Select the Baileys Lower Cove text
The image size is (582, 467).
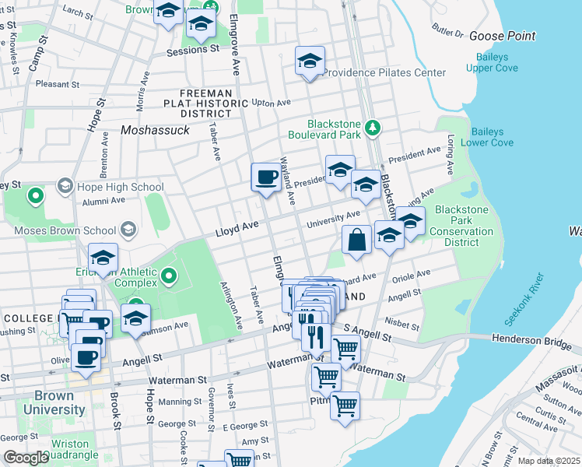point(487,137)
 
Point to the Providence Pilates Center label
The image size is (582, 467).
point(384,72)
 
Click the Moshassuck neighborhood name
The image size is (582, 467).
point(156,130)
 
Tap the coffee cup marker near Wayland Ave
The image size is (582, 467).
point(265,177)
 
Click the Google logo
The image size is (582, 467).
point(26,458)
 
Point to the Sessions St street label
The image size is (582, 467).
point(194,49)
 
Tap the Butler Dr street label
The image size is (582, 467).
point(447,34)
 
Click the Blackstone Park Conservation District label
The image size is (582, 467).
point(461,226)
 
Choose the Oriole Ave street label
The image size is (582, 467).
point(412,275)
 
